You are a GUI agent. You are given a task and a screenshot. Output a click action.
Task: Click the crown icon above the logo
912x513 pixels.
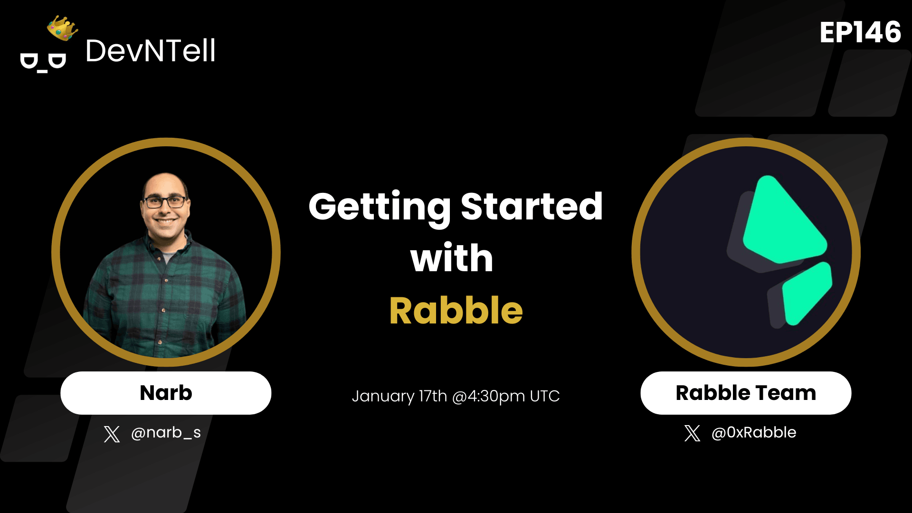point(62,28)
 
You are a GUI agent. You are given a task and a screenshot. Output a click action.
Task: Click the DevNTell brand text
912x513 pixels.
point(150,51)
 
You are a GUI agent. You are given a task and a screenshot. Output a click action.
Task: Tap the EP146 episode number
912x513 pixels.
point(860,32)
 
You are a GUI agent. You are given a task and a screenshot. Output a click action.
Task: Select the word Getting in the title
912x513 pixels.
point(379,207)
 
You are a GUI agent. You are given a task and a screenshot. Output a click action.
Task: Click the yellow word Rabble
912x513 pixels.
point(456,311)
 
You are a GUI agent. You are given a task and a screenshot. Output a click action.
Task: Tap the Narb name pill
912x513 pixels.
point(166,393)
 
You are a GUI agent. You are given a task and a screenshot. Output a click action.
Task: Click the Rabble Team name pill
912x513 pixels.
point(745,393)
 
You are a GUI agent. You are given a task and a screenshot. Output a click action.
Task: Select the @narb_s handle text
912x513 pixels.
point(166,433)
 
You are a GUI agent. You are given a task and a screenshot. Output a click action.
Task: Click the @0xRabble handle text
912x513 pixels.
point(753,433)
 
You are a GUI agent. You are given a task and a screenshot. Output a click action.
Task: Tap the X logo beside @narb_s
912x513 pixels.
point(112,434)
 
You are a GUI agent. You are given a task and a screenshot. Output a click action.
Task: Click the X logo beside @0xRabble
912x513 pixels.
point(692,433)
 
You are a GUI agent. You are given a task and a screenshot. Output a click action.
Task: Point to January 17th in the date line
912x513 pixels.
point(399,396)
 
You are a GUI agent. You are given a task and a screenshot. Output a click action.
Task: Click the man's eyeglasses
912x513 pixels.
point(165,202)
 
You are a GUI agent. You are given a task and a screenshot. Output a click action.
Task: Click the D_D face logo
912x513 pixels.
point(43,62)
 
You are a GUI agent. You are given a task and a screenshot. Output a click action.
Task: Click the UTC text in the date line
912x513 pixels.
point(545,396)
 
